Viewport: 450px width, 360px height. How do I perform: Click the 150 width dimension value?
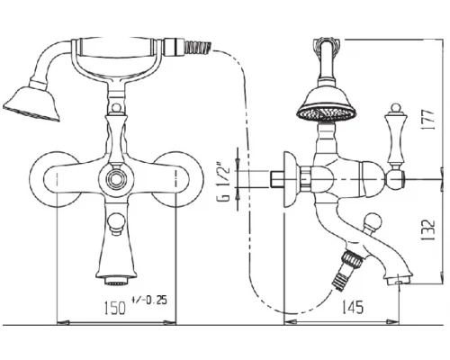(x=115, y=308)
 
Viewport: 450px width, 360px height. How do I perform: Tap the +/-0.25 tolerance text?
(x=148, y=300)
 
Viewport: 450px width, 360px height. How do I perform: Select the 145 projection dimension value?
(x=353, y=307)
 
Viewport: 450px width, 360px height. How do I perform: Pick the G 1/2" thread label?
(x=225, y=182)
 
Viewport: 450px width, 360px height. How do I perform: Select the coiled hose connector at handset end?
(x=198, y=48)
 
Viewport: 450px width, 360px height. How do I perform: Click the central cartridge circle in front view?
(x=116, y=180)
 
